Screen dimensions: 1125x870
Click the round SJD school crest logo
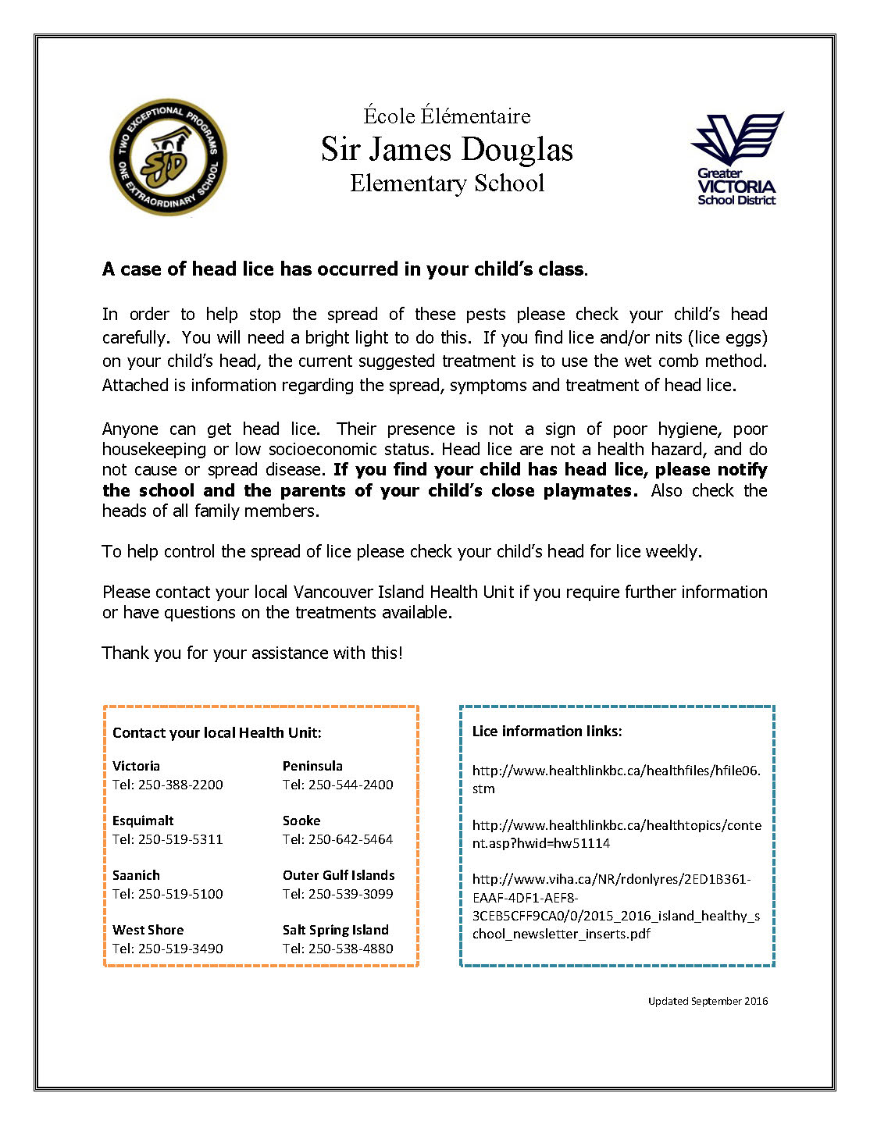point(168,158)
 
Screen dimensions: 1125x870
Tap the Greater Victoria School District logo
point(736,159)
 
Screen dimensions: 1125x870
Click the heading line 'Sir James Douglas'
point(447,149)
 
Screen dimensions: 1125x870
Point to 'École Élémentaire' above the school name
point(447,116)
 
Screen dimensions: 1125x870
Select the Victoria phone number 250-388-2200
point(168,785)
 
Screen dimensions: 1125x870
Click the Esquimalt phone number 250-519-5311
point(168,839)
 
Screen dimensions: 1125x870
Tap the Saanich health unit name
point(136,875)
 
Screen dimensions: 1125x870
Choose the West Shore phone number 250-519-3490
point(168,949)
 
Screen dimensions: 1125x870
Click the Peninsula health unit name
point(312,766)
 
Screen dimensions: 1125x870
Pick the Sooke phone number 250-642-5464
point(338,839)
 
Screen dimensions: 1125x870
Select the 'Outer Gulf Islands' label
point(338,875)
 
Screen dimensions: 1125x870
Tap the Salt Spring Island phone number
point(338,949)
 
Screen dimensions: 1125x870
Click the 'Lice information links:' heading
point(547,732)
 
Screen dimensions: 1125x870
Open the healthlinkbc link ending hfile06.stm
point(615,779)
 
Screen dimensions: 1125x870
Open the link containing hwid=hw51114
point(615,834)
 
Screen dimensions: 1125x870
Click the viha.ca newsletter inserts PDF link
point(615,906)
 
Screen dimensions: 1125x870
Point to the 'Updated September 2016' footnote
point(708,1001)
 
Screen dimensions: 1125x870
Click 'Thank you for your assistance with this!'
point(252,653)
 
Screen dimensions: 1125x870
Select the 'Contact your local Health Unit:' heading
point(216,732)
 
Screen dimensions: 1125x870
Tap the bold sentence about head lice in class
point(344,269)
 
